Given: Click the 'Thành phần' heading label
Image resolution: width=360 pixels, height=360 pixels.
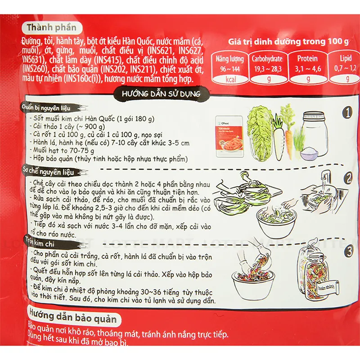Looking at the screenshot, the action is pos(52,28).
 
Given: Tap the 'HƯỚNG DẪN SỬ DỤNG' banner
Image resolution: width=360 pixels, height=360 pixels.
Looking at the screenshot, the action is pos(161,94).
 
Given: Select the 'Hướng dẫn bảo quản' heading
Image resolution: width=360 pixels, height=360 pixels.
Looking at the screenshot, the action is pos(73,318).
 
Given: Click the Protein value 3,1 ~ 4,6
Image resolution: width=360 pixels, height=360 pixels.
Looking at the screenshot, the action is pos(308,69).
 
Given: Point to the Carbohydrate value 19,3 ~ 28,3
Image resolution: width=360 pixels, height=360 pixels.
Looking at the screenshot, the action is pos(268,69).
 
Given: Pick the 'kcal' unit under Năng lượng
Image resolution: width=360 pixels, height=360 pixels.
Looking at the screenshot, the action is pos(230,80).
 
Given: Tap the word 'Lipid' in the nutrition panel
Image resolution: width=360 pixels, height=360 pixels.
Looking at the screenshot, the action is pos(346,58).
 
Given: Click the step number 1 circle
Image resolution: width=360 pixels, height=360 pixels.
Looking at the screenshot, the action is pos(348,112).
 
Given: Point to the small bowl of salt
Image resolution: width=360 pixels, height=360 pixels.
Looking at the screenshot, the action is pos(309,154).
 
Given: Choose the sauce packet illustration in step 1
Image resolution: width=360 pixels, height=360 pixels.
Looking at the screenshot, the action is pos(229,136).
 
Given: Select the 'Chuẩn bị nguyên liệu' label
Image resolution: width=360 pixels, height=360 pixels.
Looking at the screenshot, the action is pos(46,108).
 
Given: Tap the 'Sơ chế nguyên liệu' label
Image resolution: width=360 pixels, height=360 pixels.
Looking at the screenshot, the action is pos(49,171).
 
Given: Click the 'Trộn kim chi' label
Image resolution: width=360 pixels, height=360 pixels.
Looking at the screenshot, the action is pos(40,244).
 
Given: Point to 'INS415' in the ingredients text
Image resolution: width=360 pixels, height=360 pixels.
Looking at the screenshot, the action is pos(108,60).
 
